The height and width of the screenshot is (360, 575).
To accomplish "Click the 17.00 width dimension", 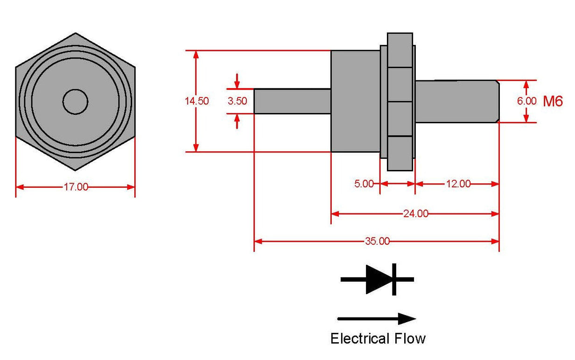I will (76, 187).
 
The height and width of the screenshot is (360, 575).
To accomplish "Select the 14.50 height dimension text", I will (196, 101).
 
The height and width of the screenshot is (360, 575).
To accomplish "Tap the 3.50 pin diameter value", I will (237, 101).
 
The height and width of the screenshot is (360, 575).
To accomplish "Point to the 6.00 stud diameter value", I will (526, 101).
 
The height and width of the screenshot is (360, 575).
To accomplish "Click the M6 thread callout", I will (553, 101).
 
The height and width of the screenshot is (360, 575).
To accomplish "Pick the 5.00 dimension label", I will (364, 184).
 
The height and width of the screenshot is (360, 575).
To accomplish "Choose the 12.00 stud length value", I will (458, 184).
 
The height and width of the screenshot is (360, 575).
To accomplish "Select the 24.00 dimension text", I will (415, 214).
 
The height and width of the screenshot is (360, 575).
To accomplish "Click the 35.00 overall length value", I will (377, 241).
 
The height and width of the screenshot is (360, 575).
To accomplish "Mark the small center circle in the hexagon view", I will (76, 101).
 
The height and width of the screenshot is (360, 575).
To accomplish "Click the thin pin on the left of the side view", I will (292, 101).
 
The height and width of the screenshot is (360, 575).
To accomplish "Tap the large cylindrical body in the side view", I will (355, 101).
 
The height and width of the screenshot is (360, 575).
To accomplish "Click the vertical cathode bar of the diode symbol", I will (394, 279).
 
